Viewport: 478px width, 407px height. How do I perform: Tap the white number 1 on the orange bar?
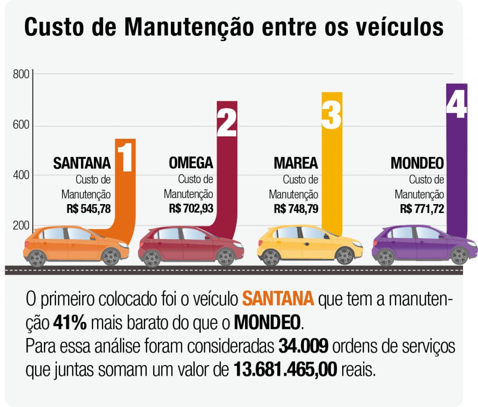point(125,157)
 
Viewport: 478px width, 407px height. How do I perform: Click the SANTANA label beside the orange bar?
point(82,164)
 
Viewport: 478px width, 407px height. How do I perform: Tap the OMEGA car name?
point(190,163)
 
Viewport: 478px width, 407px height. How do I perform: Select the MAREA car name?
point(295,164)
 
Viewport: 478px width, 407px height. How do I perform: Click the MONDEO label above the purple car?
point(417,164)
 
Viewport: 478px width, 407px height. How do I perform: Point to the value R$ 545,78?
point(89,208)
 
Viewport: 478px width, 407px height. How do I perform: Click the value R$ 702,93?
point(191,208)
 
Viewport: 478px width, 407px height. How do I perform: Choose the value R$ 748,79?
point(296,208)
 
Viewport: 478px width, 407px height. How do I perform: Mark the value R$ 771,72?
point(422,208)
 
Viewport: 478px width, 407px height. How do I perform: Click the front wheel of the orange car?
point(111,257)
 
